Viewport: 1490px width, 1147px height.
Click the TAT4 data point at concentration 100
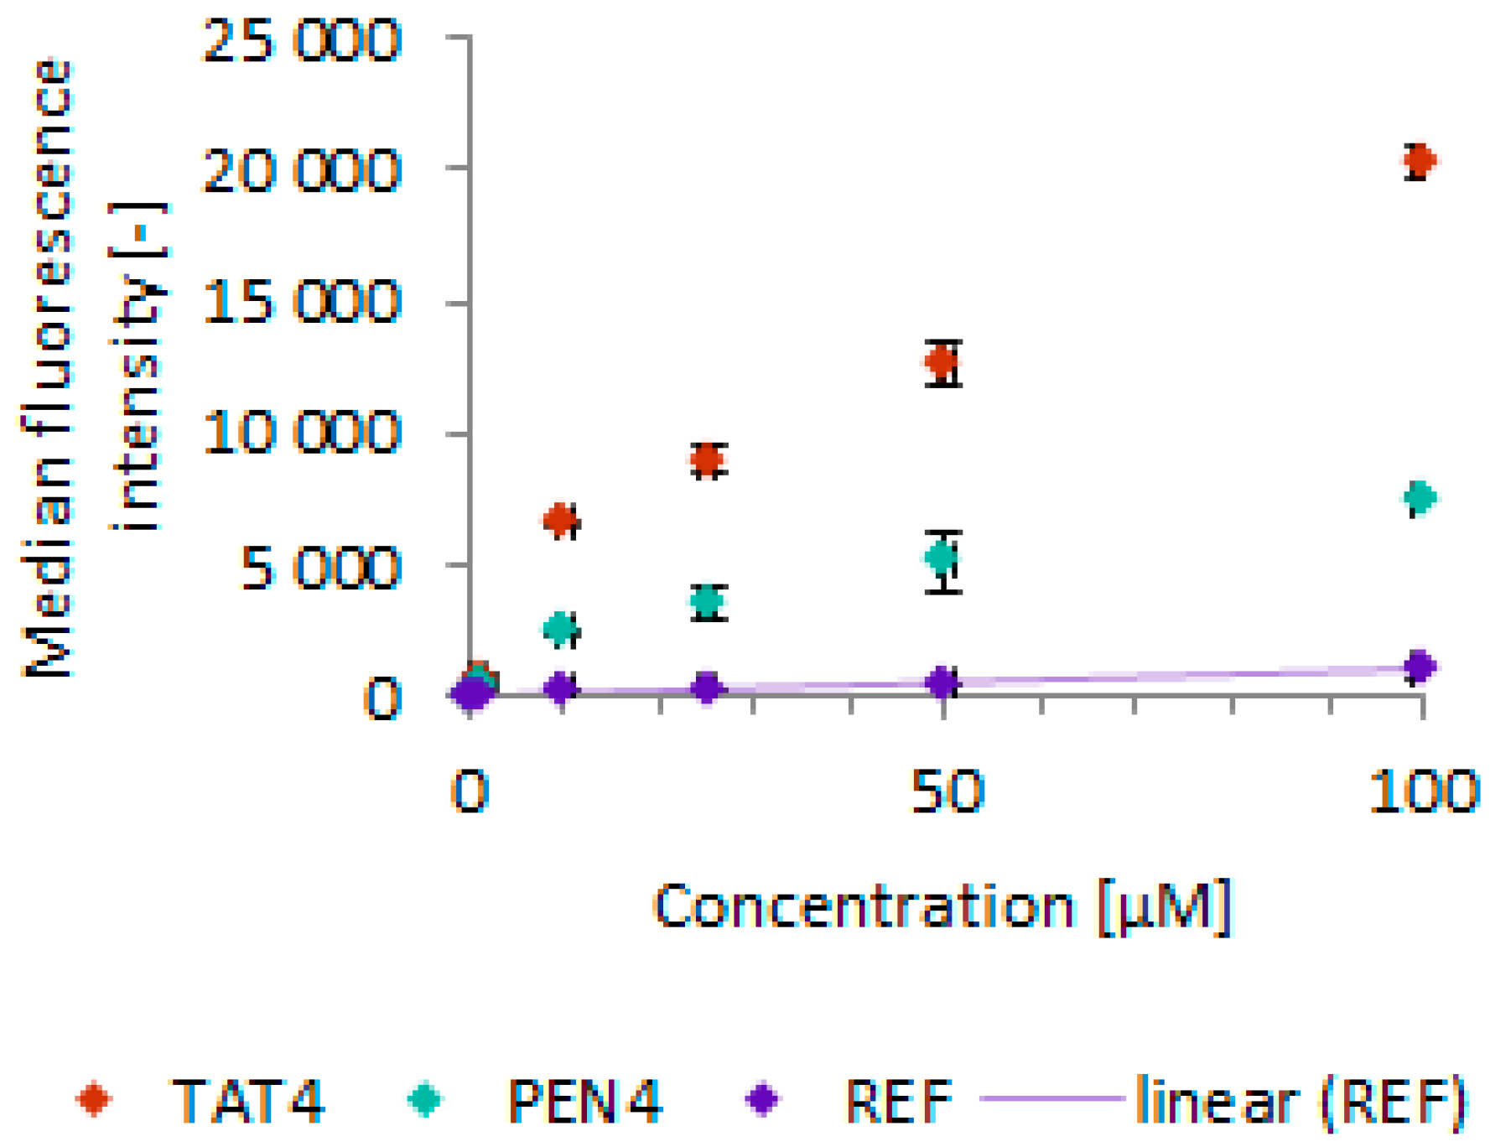1419,159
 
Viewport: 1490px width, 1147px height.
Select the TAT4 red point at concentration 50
942,361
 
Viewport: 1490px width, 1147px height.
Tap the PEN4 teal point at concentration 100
1420,497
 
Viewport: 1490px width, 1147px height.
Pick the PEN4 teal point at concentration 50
942,558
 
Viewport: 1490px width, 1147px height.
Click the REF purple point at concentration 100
1420,667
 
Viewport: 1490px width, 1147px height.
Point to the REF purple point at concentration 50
942,682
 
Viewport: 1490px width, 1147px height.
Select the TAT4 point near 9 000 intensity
708,459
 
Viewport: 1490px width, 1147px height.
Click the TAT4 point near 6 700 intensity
561,521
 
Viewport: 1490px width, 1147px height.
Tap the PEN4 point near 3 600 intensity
708,600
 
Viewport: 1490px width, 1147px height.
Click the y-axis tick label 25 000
302,39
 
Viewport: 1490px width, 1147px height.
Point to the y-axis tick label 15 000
302,302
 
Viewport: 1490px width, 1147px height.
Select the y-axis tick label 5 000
320,568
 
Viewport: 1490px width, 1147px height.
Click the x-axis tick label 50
946,791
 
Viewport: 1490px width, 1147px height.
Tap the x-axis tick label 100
1422,791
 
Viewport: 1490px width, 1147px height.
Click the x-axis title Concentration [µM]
942,906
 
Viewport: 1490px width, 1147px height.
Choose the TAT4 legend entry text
247,1099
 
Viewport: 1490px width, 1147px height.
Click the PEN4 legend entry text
584,1099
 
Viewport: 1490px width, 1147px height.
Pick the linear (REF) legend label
1300,1099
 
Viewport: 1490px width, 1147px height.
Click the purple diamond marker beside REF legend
762,1098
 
